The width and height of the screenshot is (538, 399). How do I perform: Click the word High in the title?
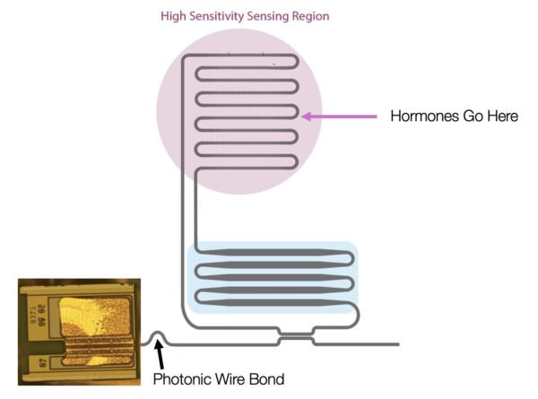pos(173,15)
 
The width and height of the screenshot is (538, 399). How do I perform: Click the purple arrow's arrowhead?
pos(306,116)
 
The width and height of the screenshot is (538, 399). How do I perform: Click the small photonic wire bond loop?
pos(158,337)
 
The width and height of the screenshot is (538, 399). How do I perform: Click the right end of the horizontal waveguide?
pos(397,343)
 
